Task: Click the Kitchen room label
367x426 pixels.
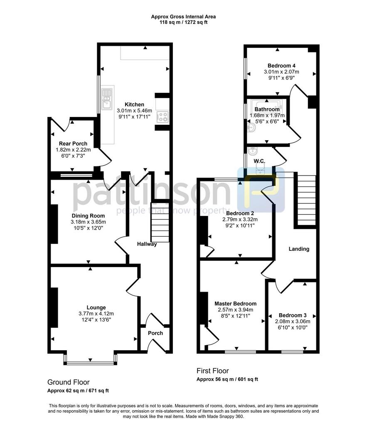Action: [x=134, y=104]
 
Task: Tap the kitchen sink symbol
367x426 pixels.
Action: [x=107, y=99]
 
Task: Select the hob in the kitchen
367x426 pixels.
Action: [x=163, y=117]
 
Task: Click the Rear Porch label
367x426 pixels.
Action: [x=73, y=144]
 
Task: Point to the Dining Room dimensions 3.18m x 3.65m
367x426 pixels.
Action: [x=88, y=222]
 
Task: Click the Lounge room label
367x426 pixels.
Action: [x=96, y=307]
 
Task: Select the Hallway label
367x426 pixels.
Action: [x=147, y=244]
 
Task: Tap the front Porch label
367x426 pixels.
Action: [x=155, y=333]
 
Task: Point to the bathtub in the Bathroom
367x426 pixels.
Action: [x=267, y=105]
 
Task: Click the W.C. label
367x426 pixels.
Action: [x=259, y=161]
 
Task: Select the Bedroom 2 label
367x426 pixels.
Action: [x=240, y=213]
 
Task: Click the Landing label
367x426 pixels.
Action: [x=299, y=249]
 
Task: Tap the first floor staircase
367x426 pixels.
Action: [x=307, y=200]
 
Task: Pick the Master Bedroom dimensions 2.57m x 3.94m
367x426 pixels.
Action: [x=235, y=310]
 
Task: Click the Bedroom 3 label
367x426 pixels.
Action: [x=293, y=315]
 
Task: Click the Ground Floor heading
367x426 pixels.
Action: [x=69, y=382]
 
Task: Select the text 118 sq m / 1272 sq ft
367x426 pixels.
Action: [x=184, y=22]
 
